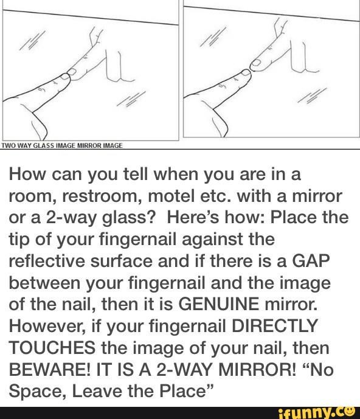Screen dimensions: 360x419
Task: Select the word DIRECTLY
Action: (x=274, y=326)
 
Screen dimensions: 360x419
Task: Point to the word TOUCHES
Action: (x=52, y=348)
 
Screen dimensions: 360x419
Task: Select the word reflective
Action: (x=46, y=261)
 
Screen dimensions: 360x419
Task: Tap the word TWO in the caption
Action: (x=7, y=145)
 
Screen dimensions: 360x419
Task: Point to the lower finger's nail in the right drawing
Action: (x=244, y=72)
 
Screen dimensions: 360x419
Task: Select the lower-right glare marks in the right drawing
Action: (x=312, y=95)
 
